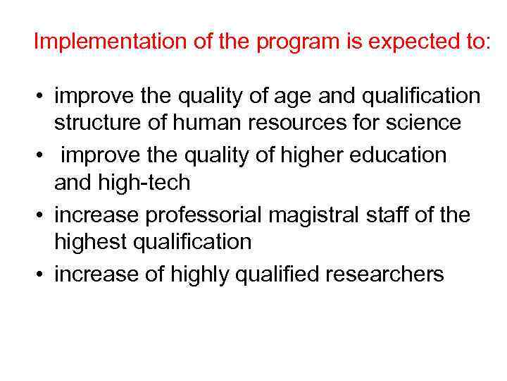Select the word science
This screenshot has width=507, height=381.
[426, 123]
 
